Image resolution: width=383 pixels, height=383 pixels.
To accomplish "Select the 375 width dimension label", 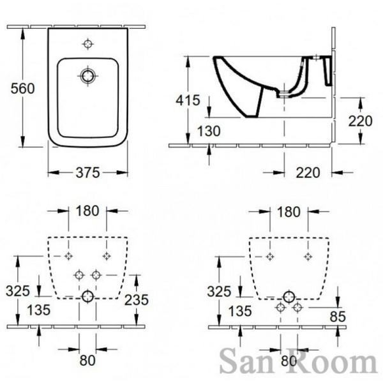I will coord(87,172).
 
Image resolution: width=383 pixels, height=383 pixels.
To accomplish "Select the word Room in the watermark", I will coord(326,363).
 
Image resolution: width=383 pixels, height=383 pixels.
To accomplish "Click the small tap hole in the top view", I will coord(88,44).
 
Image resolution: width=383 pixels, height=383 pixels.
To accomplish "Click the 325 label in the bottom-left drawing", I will coord(19,291).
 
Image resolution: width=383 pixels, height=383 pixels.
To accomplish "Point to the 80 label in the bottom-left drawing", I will coord(87,359).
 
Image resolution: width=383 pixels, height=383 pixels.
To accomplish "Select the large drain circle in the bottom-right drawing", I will coord(289,296).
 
